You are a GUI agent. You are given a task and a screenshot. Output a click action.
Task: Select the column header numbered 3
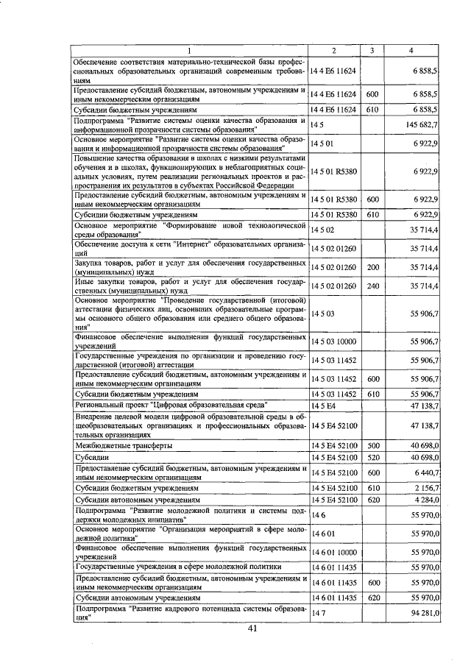coord(372,50)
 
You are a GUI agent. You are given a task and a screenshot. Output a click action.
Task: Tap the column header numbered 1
coord(189,50)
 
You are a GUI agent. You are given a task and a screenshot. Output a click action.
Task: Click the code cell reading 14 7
coord(318,612)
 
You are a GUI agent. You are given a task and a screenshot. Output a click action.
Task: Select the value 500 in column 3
coord(372,445)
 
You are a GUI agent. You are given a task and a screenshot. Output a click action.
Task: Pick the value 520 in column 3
coord(372,457)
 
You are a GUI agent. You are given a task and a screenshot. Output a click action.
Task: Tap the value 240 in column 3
coord(372,286)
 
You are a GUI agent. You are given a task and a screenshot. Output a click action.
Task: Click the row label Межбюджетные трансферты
coord(123,445)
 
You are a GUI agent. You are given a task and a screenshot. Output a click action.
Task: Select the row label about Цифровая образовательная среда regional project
coord(171,405)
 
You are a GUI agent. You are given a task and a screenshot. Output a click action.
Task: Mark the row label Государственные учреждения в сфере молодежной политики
coord(177,567)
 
